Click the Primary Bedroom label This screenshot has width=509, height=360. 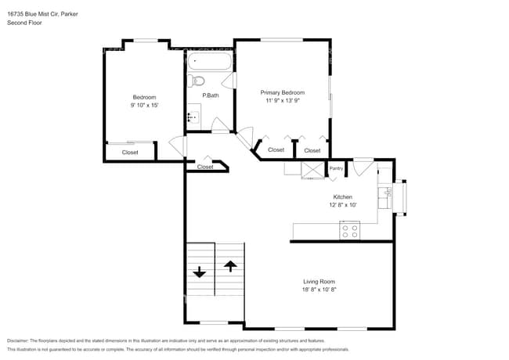(x=283, y=92)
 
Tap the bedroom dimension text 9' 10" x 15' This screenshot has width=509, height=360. (x=145, y=105)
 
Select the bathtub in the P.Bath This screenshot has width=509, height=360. (x=210, y=63)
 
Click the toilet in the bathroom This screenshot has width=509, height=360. (x=197, y=81)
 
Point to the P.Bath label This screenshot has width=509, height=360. (x=209, y=95)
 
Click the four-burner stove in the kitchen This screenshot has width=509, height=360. (x=349, y=231)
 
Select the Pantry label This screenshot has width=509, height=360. (x=336, y=168)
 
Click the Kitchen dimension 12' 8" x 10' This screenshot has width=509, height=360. (x=342, y=205)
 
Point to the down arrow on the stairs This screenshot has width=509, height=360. (x=200, y=272)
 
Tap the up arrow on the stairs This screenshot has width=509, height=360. (x=230, y=265)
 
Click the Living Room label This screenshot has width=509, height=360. (x=319, y=282)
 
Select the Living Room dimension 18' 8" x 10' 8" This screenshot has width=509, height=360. (x=319, y=290)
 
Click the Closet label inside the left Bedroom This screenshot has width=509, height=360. (x=130, y=153)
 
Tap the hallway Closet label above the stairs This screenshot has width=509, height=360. (x=205, y=167)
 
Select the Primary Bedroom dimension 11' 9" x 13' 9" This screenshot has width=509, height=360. (x=283, y=100)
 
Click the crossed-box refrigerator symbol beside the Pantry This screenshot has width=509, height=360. (x=313, y=170)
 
